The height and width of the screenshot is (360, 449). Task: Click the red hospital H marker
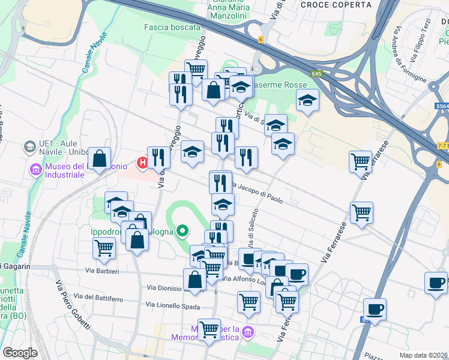click(x=143, y=162)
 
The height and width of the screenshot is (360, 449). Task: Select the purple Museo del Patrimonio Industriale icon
click(x=34, y=170)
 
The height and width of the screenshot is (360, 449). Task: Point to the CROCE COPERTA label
click(x=336, y=5)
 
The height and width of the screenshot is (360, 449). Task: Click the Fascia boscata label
click(x=172, y=27)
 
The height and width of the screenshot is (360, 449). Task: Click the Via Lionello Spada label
click(x=173, y=306)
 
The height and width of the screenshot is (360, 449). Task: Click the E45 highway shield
click(x=317, y=74)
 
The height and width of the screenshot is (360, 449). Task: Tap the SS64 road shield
click(x=441, y=106)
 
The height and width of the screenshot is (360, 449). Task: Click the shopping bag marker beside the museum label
click(x=100, y=159)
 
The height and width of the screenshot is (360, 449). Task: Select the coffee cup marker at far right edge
click(x=436, y=283)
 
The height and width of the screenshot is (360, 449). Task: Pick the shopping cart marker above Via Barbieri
click(x=104, y=247)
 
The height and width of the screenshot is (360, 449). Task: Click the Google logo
click(x=20, y=353)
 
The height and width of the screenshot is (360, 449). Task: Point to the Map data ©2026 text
click(x=423, y=355)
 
